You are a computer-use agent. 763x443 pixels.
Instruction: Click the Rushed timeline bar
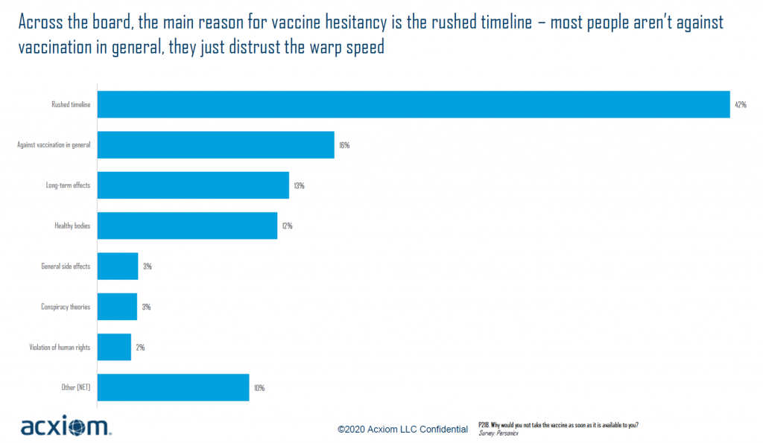tap(414, 104)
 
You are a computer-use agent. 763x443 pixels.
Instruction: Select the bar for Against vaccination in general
tap(216, 144)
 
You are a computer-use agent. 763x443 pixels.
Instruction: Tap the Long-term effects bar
tap(193, 185)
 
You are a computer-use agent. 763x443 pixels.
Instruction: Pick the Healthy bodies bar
tap(187, 226)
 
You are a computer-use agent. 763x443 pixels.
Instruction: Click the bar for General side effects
tap(118, 266)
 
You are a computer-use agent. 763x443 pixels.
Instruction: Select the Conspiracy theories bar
tap(118, 306)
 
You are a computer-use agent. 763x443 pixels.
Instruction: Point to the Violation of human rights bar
tap(114, 347)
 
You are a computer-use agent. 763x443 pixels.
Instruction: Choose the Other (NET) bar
tap(173, 387)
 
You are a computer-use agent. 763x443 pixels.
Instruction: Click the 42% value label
tap(741, 105)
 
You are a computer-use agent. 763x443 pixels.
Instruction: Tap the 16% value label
tap(344, 145)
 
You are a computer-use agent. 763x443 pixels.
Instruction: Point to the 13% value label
tap(299, 185)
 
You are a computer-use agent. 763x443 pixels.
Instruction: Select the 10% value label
tap(259, 388)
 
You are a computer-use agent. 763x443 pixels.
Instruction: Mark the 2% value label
tap(140, 348)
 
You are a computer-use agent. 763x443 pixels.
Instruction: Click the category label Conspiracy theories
tap(66, 307)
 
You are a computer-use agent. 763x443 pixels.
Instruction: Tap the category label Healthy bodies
tap(72, 226)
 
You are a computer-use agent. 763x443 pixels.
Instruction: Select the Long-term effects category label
tap(68, 185)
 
